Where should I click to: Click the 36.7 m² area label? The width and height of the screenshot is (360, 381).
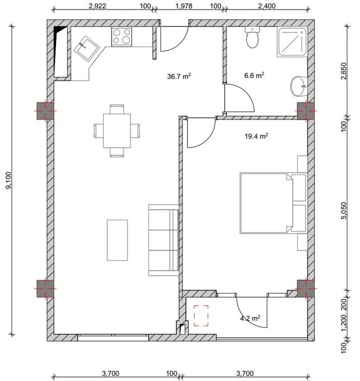(179, 76)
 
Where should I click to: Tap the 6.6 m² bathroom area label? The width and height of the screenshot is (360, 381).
(254, 75)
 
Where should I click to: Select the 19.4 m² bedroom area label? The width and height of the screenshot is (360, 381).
(256, 136)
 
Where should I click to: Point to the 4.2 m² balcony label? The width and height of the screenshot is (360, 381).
(250, 318)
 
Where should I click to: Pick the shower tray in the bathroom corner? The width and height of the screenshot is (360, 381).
(292, 42)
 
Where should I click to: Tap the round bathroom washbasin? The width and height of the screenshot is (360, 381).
(299, 86)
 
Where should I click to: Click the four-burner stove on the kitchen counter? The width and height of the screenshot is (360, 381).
(121, 36)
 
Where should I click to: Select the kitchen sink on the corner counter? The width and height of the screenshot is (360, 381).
(86, 48)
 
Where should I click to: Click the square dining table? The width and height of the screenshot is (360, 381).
(117, 131)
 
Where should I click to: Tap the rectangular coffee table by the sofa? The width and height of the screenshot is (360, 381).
(117, 240)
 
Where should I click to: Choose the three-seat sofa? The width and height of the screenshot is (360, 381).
(163, 240)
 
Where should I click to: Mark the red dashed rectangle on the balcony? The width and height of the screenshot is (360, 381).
(201, 315)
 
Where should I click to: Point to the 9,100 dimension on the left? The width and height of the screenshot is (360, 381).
(8, 180)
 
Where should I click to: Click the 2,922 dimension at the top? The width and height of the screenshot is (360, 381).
(97, 6)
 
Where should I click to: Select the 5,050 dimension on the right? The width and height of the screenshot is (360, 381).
(344, 211)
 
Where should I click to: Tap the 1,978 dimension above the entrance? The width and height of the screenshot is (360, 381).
(184, 6)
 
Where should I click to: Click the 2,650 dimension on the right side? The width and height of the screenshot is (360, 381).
(344, 71)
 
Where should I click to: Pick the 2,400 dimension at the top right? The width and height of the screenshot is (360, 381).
(267, 6)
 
